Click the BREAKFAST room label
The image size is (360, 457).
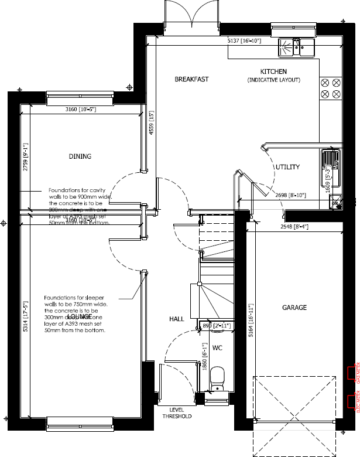[191, 79]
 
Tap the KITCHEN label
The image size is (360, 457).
[273, 71]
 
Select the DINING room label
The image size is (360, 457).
[81, 156]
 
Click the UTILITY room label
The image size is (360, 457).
[287, 167]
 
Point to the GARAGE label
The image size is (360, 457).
[294, 307]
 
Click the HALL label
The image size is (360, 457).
[177, 319]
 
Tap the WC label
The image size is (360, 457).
[217, 348]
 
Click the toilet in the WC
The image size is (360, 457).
[217, 376]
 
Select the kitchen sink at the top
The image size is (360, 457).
[297, 46]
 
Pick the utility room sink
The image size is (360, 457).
[331, 160]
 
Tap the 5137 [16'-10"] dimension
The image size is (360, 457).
[244, 41]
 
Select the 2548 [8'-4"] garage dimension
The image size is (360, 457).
[294, 226]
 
